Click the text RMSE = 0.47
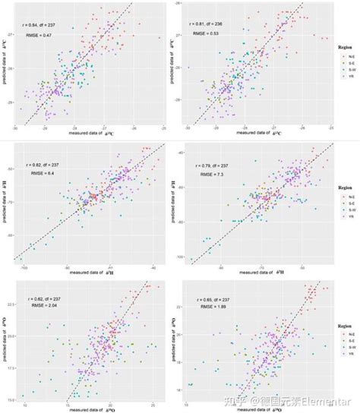[x=40, y=35]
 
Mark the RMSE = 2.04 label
[x=41, y=311]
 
